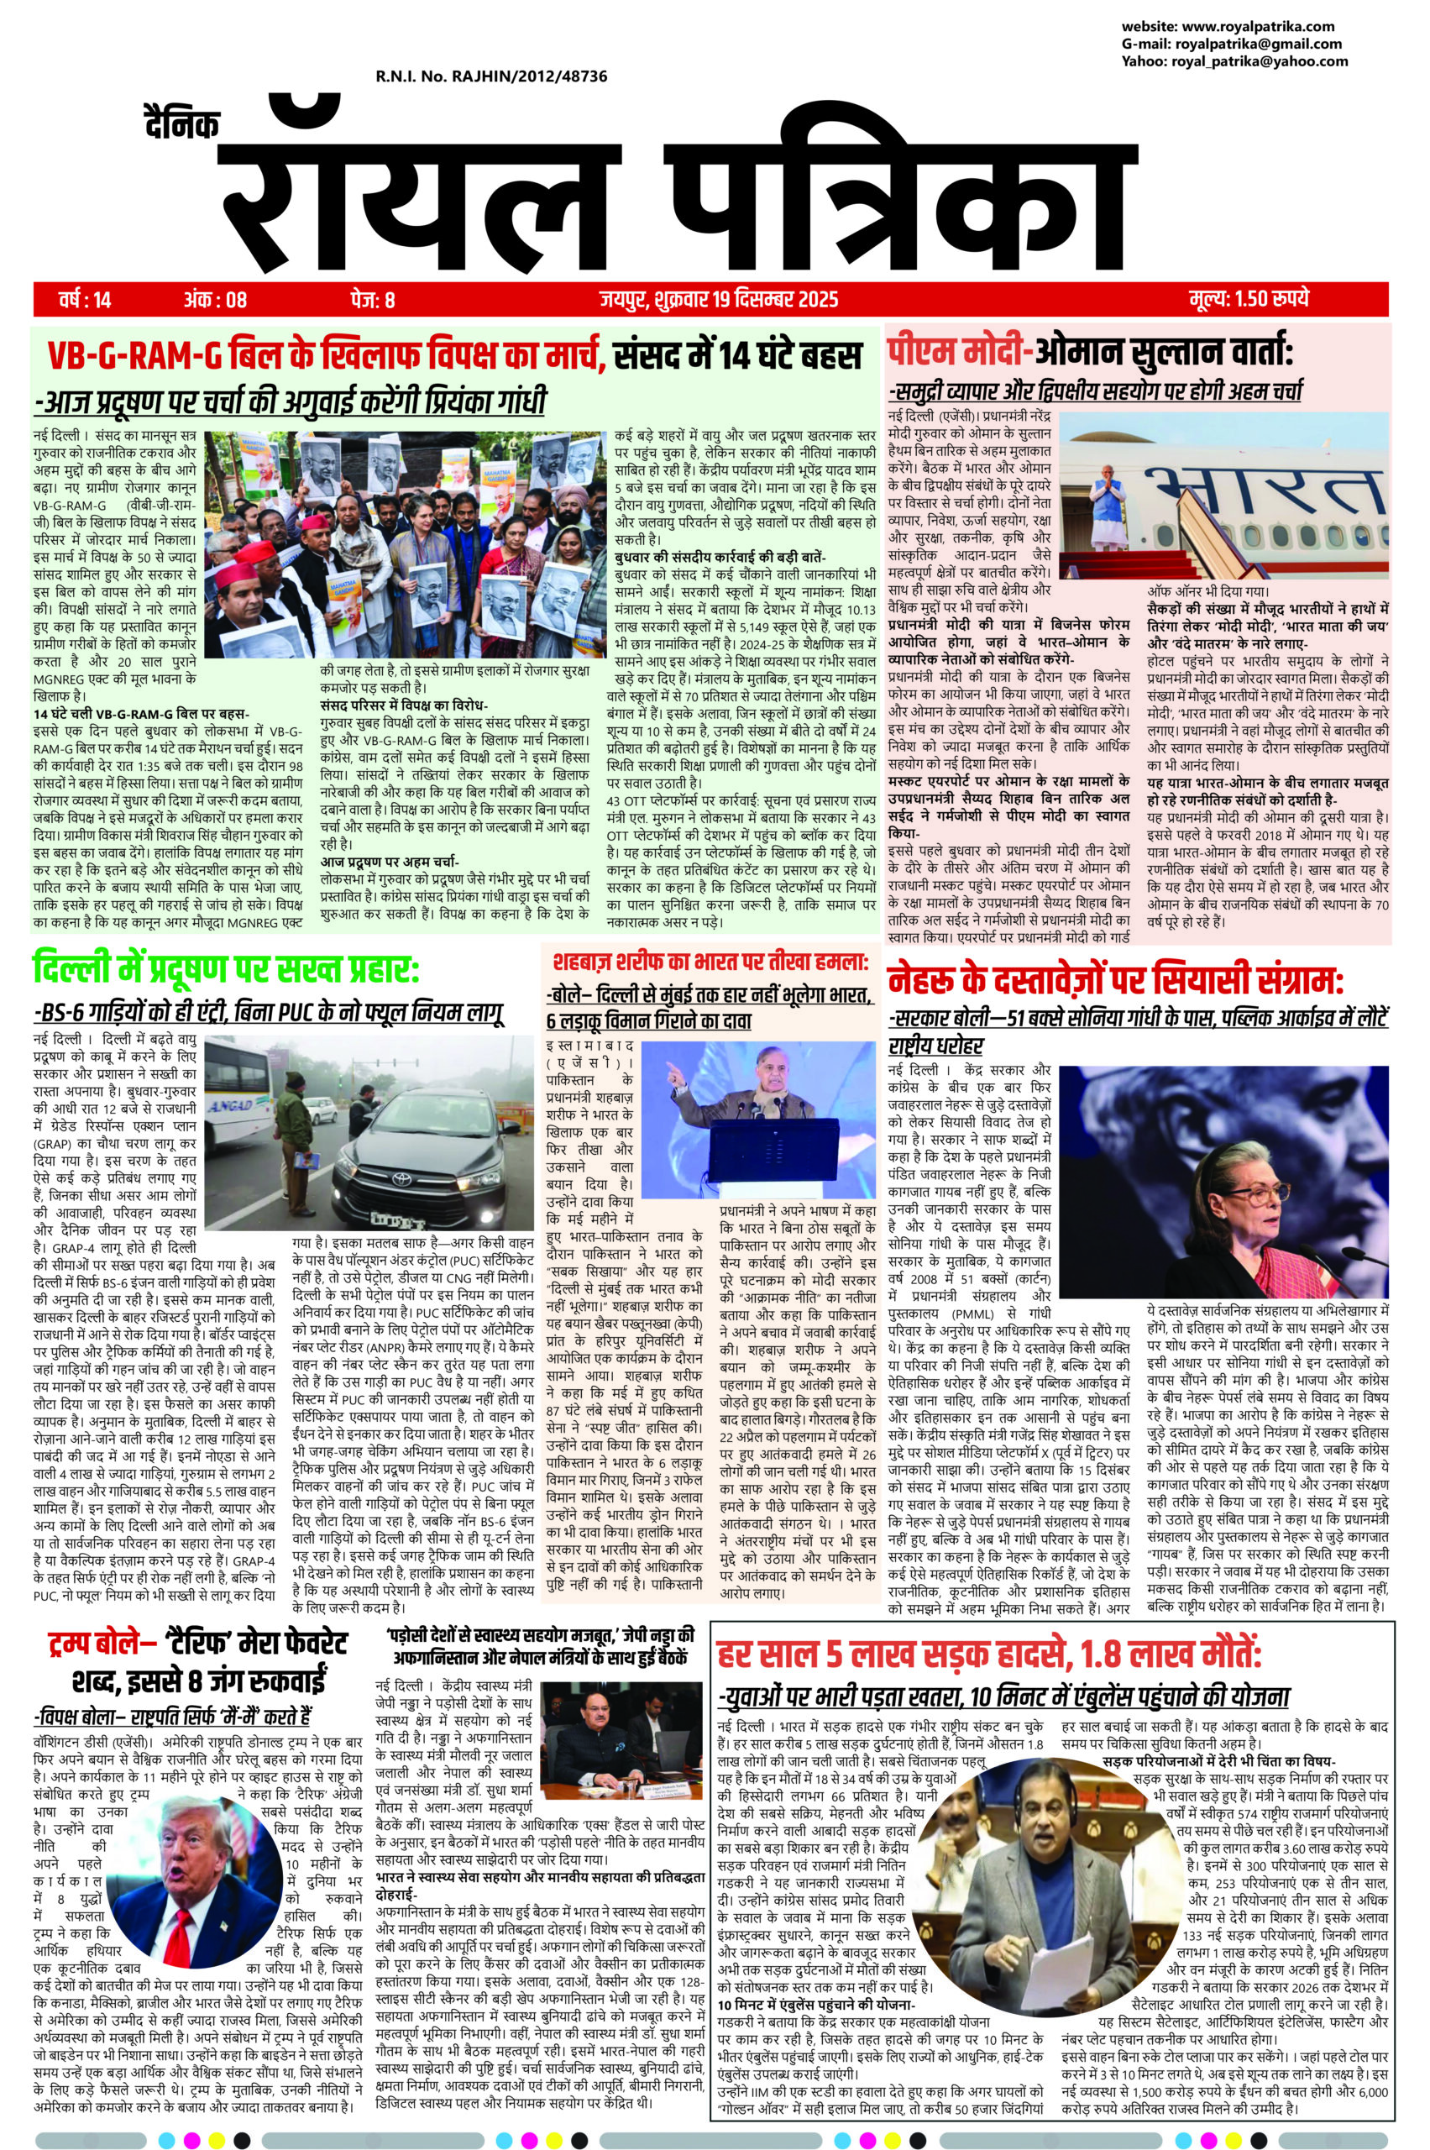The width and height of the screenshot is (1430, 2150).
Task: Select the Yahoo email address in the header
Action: pos(1262,61)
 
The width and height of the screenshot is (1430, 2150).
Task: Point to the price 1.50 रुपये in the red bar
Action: pos(1249,299)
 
